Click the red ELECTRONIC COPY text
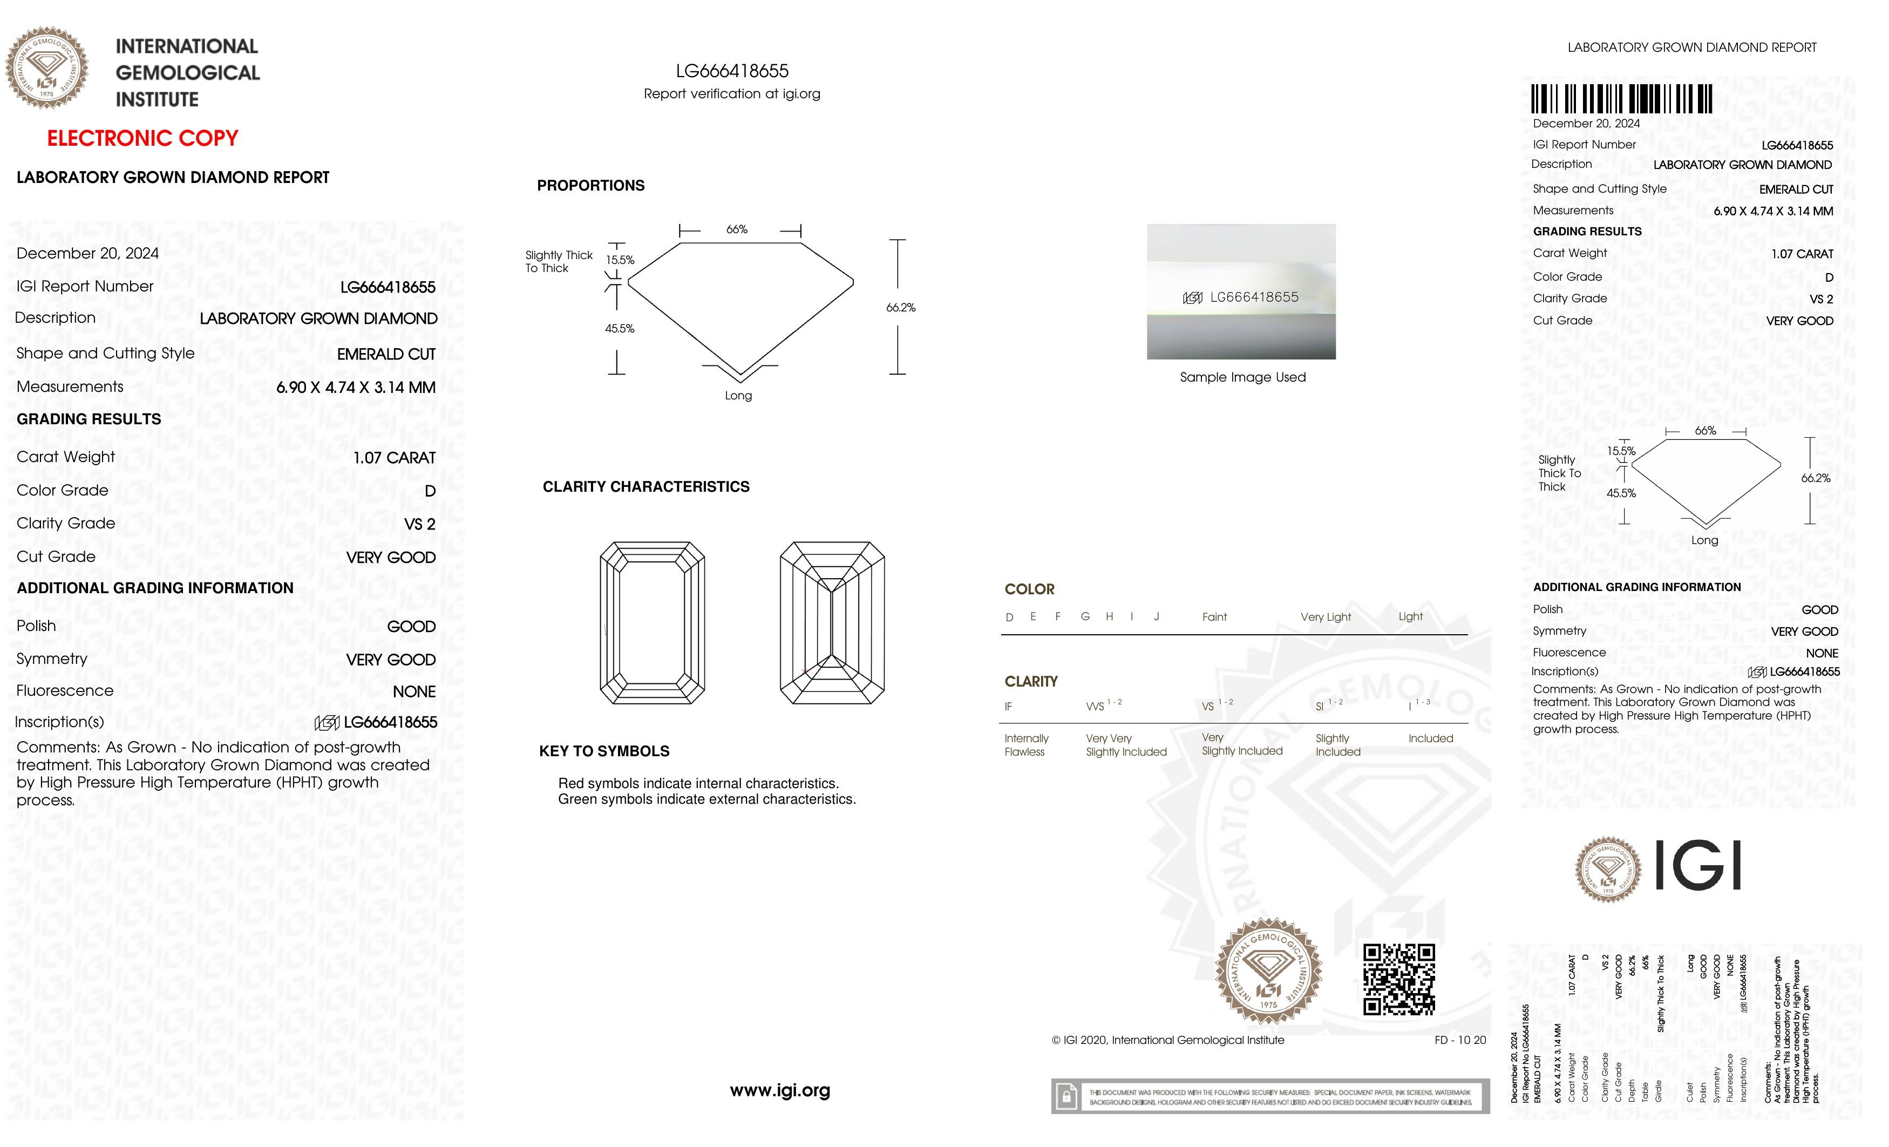[142, 139]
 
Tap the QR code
[1398, 979]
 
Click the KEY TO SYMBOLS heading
[604, 751]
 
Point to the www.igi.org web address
[780, 1090]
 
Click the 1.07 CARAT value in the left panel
[394, 458]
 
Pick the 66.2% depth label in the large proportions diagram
[900, 308]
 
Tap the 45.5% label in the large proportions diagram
[620, 329]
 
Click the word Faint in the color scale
[1214, 617]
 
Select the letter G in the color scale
[1085, 616]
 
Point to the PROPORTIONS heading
[590, 186]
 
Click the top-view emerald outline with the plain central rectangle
[651, 622]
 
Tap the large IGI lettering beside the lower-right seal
[1698, 866]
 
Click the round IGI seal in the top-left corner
[47, 67]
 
